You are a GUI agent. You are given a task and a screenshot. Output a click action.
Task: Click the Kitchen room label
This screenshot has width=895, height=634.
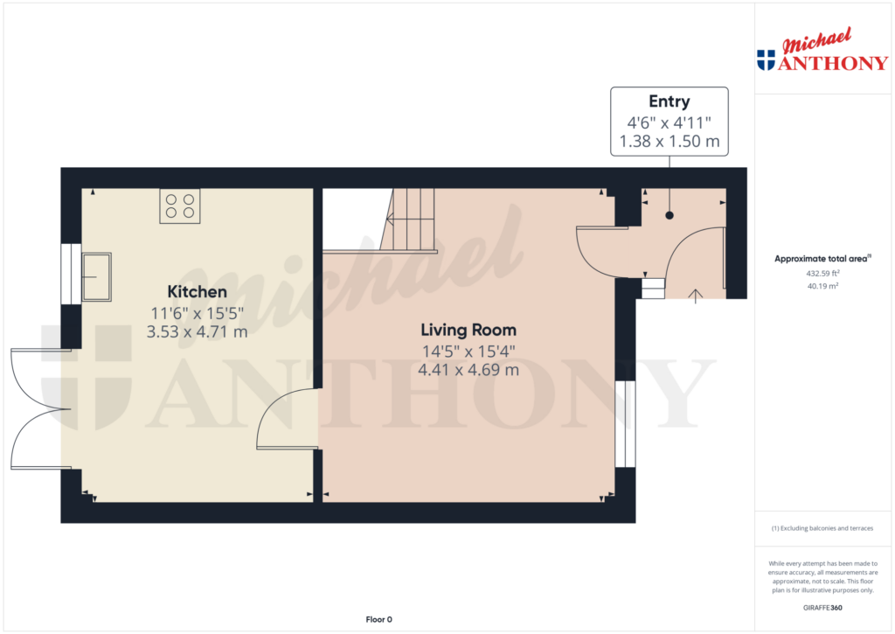(x=197, y=292)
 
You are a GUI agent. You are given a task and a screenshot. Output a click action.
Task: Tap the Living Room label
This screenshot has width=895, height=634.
(x=468, y=331)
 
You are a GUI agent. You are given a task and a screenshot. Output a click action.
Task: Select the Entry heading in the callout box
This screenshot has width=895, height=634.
(x=669, y=101)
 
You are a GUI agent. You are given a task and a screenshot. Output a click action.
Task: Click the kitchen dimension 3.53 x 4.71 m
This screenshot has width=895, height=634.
(x=197, y=331)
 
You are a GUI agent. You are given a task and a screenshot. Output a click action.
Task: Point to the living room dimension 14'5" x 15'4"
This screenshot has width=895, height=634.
(x=468, y=352)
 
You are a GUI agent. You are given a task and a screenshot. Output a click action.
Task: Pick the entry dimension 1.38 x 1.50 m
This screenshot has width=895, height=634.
(x=669, y=141)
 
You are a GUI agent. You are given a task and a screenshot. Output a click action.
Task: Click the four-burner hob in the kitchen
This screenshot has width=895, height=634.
(x=180, y=206)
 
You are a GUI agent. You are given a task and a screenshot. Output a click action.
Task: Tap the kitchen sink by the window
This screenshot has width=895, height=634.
(x=96, y=277)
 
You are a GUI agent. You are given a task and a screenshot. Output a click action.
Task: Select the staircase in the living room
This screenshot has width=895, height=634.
(x=407, y=219)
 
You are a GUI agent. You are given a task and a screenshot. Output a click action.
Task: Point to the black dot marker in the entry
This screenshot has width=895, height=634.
(x=669, y=215)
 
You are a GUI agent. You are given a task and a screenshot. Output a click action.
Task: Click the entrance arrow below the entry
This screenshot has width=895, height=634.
(x=695, y=296)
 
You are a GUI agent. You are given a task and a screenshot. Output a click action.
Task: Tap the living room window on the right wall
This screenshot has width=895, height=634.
(x=625, y=424)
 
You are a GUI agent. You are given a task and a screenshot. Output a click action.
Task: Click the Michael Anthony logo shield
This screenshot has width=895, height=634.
(x=766, y=60)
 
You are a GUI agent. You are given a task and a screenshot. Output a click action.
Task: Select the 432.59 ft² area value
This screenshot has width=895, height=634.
(x=822, y=274)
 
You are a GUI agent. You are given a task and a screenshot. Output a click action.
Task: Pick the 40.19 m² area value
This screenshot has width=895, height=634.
(x=822, y=286)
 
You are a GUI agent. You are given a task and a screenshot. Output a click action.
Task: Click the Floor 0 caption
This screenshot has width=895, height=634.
(x=379, y=619)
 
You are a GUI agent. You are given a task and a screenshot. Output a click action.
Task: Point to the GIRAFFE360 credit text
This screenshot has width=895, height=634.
(x=822, y=608)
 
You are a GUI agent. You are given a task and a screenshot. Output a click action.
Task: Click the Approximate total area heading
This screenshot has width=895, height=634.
(x=822, y=259)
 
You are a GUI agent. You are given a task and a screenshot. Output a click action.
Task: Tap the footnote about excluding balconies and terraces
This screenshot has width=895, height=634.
(x=822, y=528)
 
